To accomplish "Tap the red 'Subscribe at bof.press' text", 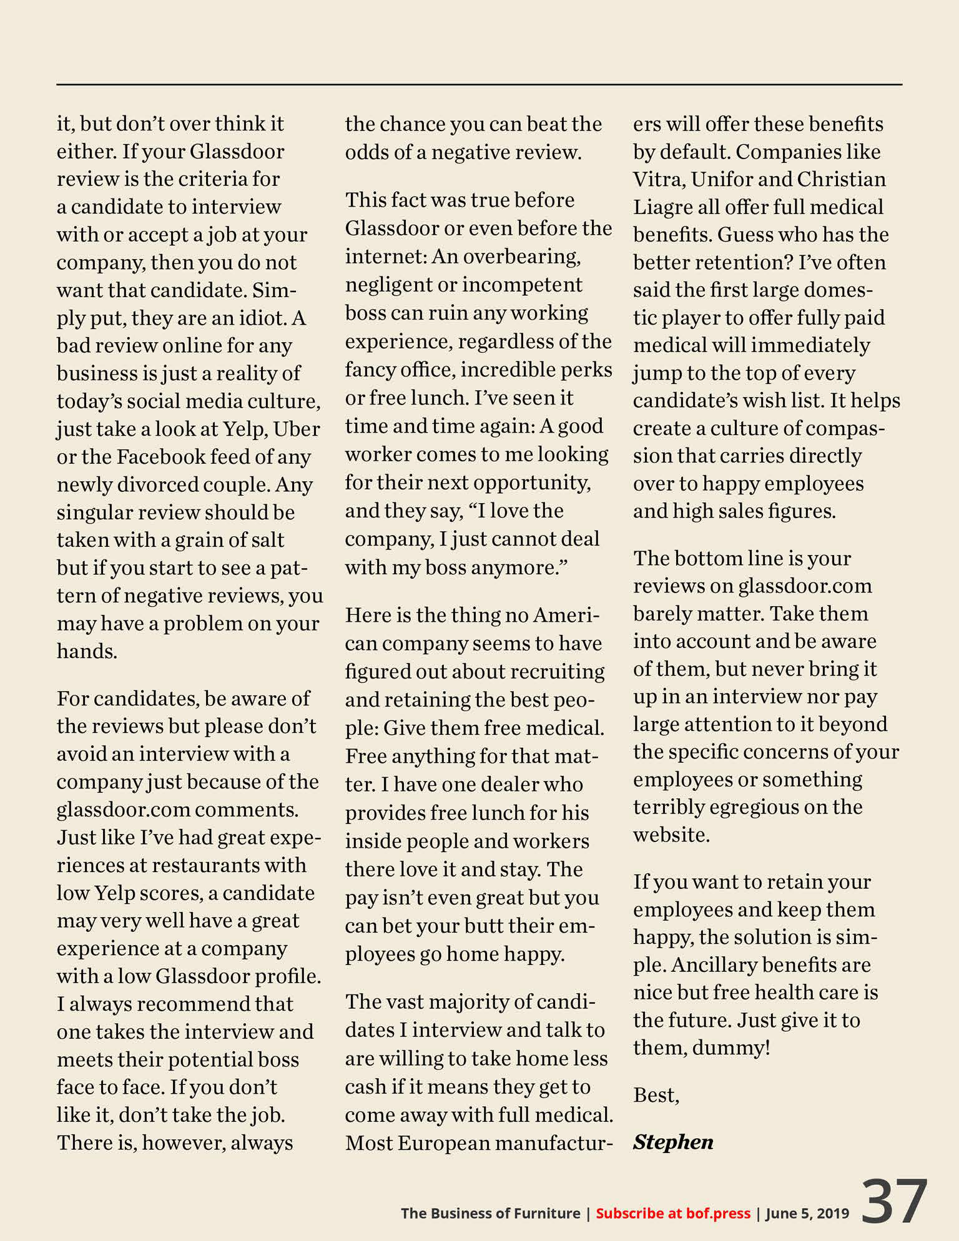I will pos(672,1213).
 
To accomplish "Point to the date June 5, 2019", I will pos(807,1213).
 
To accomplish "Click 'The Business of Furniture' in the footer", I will pos(490,1213).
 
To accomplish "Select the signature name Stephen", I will pos(672,1142).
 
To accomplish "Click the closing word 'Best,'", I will pos(656,1095).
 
